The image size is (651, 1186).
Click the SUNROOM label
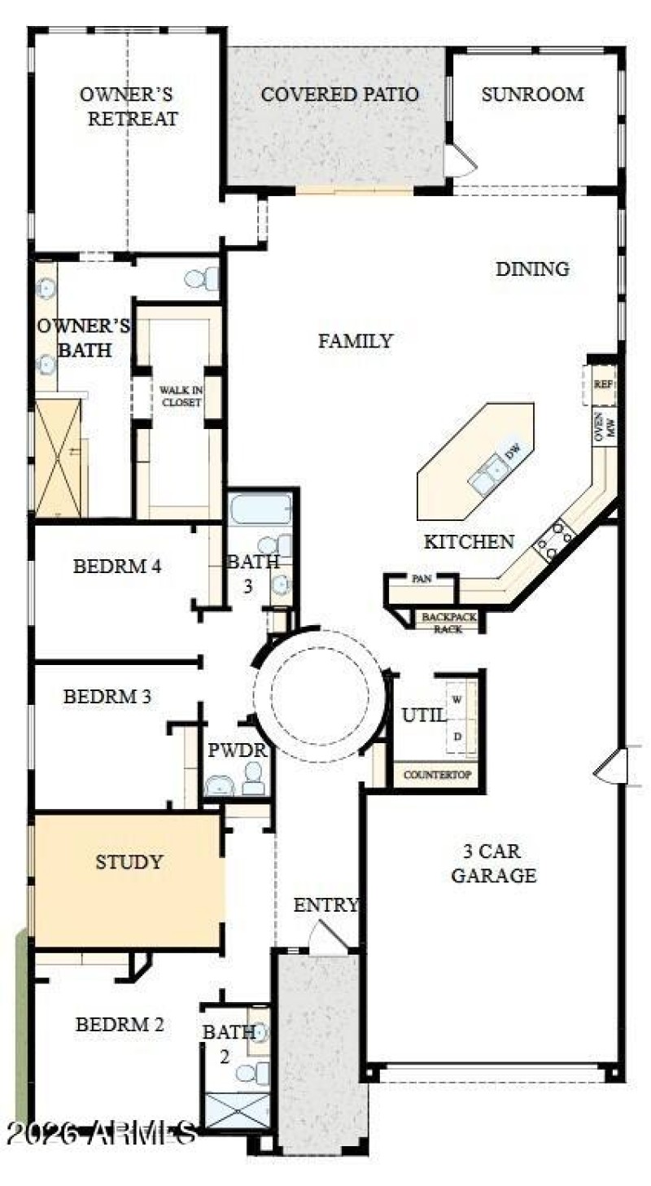click(x=532, y=94)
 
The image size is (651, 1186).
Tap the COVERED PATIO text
click(x=339, y=94)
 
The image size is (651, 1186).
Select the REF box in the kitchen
click(x=602, y=384)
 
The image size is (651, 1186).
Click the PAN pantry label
click(x=421, y=579)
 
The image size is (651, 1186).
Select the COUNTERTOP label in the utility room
click(x=438, y=775)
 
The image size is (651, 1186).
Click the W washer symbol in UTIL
click(x=457, y=699)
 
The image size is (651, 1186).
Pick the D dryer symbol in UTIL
click(x=457, y=737)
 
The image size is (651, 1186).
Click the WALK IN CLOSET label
click(x=180, y=396)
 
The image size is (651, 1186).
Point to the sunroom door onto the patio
click(x=458, y=161)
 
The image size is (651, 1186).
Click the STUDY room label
click(x=129, y=862)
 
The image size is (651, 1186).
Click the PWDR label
click(x=226, y=750)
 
